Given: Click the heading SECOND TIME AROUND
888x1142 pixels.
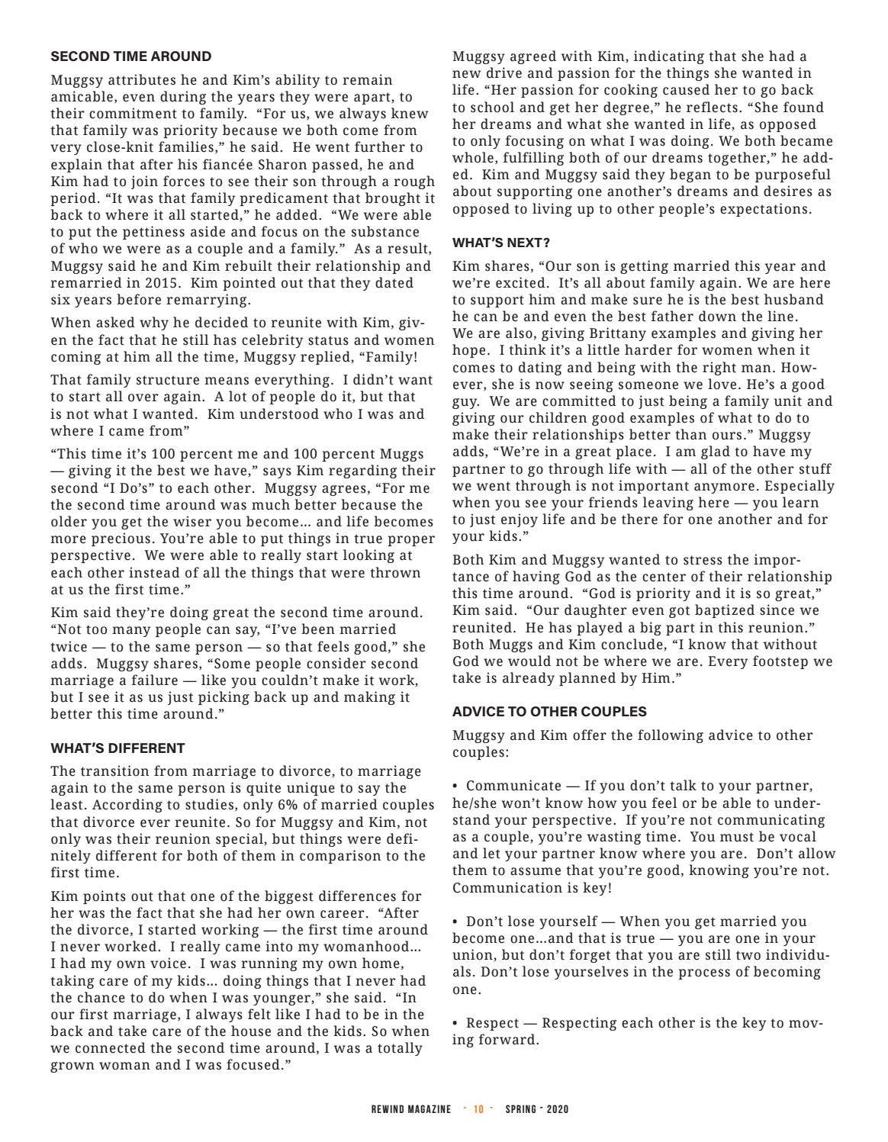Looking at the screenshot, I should [x=131, y=56].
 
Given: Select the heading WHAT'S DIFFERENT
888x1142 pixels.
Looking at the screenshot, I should [x=117, y=748].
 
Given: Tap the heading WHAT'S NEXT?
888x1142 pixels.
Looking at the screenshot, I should [x=501, y=243].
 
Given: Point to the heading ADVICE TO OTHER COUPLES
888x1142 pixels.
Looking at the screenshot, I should [x=549, y=712].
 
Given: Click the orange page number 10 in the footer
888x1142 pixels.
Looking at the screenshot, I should [x=478, y=1109].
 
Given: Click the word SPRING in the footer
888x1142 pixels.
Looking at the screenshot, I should [x=520, y=1109].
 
